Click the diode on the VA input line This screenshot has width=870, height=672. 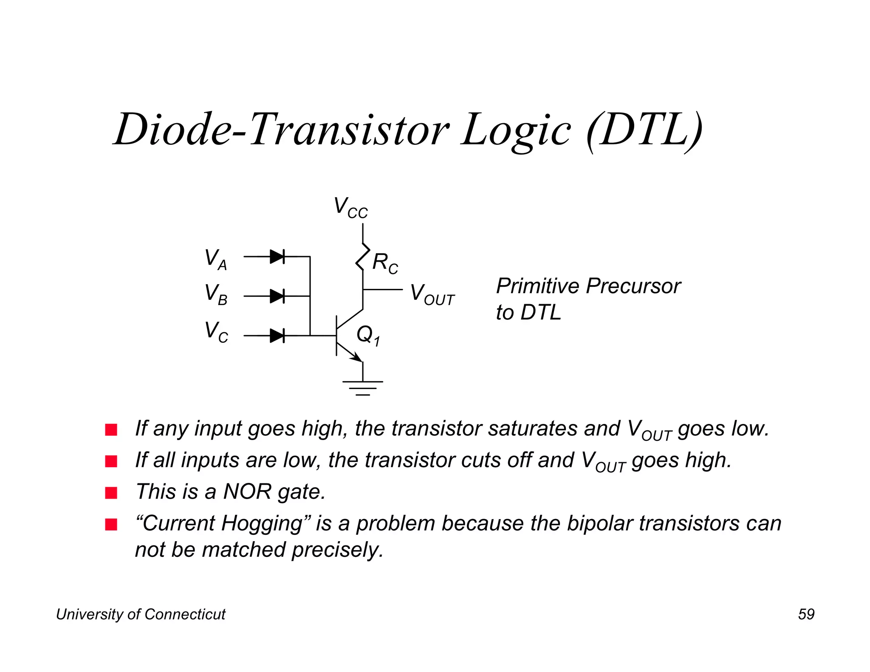pyautogui.click(x=277, y=257)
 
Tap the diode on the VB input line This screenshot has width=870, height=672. pyautogui.click(x=277, y=296)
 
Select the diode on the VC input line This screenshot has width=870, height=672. pyautogui.click(x=277, y=336)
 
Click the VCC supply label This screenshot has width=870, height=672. pyautogui.click(x=350, y=208)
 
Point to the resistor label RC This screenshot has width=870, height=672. pyautogui.click(x=385, y=263)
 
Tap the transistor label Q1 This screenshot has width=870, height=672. pyautogui.click(x=368, y=335)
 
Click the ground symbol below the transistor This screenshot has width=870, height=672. pyautogui.click(x=363, y=387)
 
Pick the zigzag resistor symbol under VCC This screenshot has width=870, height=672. pyautogui.click(x=362, y=257)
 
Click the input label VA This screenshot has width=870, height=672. pyautogui.click(x=216, y=259)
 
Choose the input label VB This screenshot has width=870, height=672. pyautogui.click(x=216, y=294)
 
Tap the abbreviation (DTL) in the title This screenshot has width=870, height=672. pyautogui.click(x=644, y=130)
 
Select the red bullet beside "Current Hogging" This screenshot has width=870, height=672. pyautogui.click(x=111, y=525)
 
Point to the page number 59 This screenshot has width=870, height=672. pyautogui.click(x=806, y=614)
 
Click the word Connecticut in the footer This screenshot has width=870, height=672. pyautogui.click(x=185, y=614)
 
